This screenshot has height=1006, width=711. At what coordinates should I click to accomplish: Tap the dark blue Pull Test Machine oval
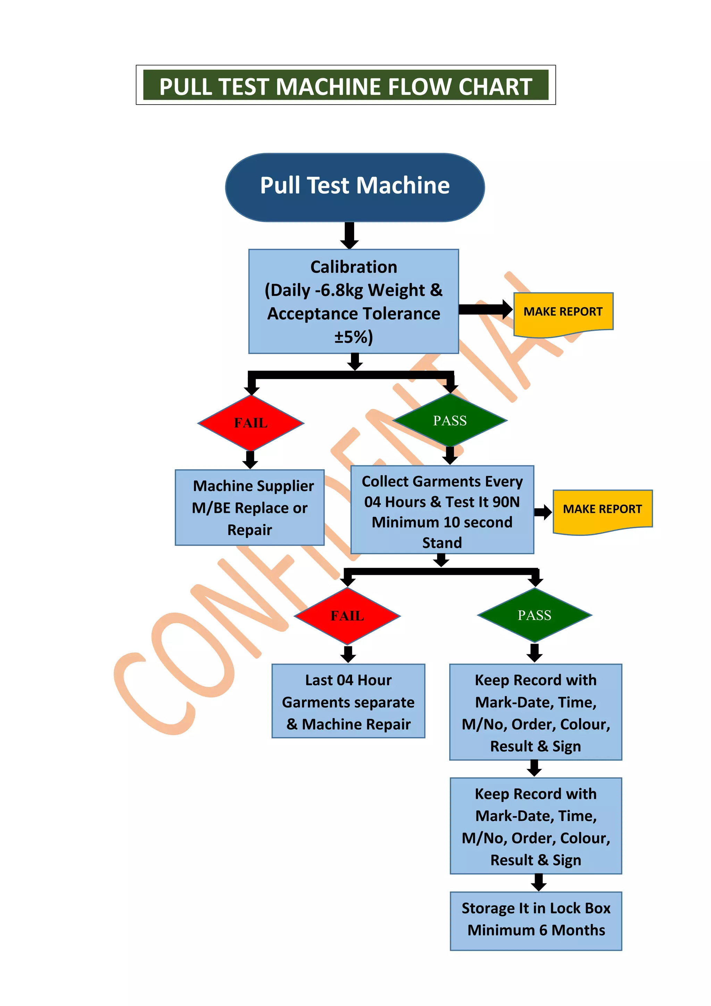coord(354,187)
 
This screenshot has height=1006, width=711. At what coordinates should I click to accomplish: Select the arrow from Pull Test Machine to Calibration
coord(349,235)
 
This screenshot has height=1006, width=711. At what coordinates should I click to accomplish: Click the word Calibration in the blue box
coord(354,267)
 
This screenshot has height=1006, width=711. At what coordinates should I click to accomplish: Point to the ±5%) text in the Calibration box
coord(354,337)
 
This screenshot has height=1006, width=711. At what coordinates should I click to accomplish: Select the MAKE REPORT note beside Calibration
coord(563,312)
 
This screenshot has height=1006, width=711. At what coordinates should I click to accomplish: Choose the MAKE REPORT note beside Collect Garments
coord(602,509)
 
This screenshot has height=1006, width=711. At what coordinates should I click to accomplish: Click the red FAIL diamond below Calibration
coord(250,423)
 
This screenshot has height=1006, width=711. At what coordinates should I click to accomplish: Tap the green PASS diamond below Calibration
coord(450,420)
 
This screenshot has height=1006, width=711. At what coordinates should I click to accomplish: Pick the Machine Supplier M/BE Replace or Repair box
coord(250,507)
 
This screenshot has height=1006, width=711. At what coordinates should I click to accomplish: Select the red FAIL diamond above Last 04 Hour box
coord(347,616)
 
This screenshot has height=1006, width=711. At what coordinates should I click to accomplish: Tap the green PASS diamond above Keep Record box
coord(534,615)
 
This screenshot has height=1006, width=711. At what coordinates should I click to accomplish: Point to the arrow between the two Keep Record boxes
coord(535,768)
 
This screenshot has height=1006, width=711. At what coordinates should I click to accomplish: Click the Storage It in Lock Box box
coord(536,920)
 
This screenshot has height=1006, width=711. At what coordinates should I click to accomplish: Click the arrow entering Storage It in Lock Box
coord(538,882)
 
